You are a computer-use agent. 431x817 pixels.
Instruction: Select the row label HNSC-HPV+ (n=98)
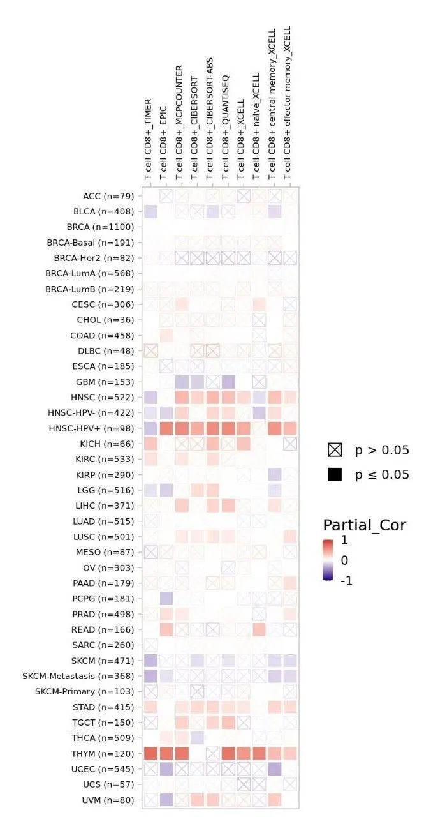99,428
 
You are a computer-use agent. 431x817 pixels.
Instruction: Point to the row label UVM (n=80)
108,799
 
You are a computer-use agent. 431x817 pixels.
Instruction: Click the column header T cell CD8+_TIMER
148,139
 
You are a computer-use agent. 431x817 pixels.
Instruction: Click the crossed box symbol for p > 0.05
335,451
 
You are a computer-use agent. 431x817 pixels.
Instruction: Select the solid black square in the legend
335,474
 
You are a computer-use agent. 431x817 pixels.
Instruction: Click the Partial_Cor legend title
364,525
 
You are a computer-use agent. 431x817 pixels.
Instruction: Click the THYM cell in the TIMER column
150,753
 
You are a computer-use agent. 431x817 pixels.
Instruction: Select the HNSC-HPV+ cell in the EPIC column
166,428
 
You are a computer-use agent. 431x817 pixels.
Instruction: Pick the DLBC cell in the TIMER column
150,350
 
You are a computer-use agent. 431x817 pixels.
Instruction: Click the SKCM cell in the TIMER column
150,660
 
